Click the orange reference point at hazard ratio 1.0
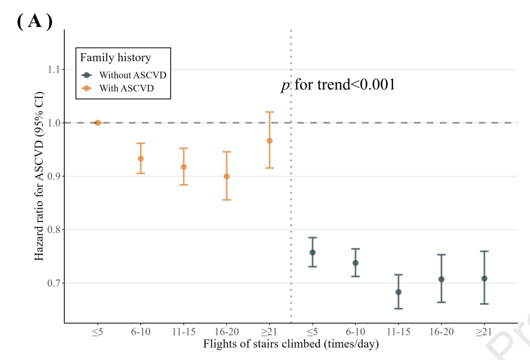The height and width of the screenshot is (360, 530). click(98, 123)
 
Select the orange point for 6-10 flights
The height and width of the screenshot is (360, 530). click(141, 159)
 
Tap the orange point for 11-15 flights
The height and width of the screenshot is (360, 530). click(184, 167)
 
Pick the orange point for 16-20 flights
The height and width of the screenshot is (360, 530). click(226, 176)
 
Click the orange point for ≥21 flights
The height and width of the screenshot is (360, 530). click(269, 141)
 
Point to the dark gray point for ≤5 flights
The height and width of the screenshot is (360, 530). click(313, 252)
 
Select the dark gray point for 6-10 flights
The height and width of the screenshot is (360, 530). click(355, 263)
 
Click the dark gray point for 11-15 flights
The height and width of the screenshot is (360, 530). click(398, 292)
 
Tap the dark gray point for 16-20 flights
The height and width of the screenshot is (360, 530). click(441, 279)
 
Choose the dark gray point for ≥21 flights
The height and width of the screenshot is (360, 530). click(484, 278)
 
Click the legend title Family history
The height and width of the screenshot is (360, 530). click(116, 57)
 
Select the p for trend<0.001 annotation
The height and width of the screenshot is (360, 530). click(338, 85)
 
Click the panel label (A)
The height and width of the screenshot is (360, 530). click(34, 22)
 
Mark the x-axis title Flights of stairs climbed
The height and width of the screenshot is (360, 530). click(291, 344)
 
